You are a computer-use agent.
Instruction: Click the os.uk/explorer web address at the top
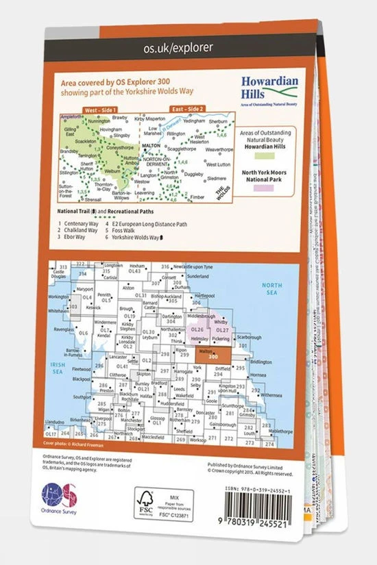178,47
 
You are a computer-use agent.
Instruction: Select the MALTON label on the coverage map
151,146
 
